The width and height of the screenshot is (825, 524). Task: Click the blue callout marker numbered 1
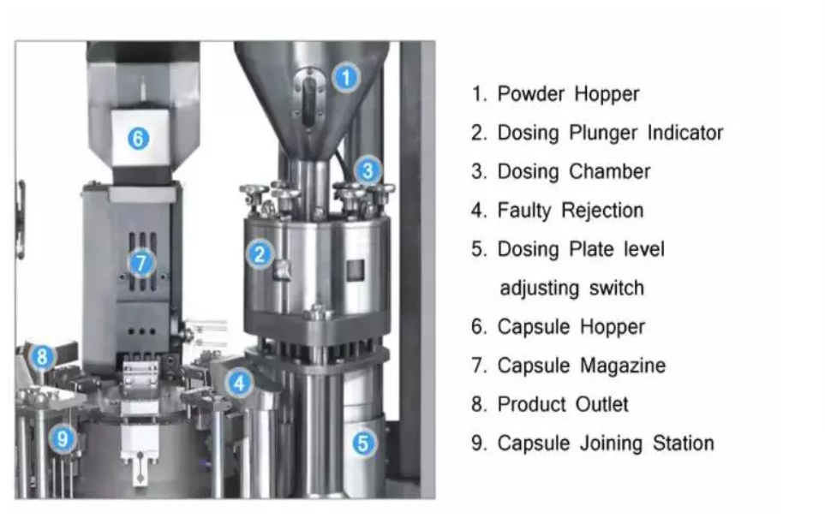click(346, 78)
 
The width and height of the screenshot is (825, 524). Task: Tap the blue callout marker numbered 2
click(260, 254)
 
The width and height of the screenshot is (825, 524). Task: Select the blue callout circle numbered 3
click(368, 170)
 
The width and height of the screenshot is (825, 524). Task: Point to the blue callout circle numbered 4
click(239, 383)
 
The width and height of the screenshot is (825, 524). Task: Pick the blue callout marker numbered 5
click(363, 443)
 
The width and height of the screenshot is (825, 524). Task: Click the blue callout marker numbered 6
click(139, 139)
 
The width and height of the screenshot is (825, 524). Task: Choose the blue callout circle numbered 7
click(141, 263)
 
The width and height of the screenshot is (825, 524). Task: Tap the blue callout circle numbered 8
click(42, 357)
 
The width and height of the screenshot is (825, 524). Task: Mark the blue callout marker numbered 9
click(63, 438)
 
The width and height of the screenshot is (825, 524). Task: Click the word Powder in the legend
click(531, 93)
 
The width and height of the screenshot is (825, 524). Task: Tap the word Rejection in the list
click(602, 211)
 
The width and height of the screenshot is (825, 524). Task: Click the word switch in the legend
click(616, 289)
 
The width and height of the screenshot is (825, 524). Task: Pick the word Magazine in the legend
click(623, 366)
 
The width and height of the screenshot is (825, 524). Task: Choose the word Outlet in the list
click(602, 405)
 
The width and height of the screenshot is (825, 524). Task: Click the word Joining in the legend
click(612, 444)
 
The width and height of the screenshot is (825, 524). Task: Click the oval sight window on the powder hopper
click(309, 99)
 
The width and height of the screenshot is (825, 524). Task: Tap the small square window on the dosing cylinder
click(356, 270)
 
